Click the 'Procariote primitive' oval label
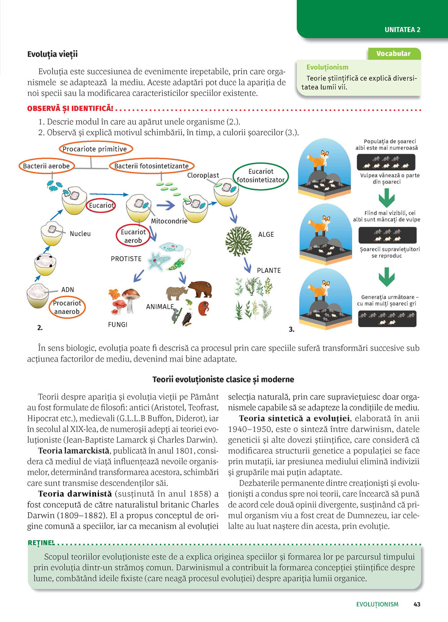95,149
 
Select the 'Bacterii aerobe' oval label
47,166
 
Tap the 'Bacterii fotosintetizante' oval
151,166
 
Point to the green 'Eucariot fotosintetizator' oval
261,176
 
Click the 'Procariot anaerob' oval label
67,307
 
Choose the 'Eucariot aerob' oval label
133,236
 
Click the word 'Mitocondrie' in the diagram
169,221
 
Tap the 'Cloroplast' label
203,175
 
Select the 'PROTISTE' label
126,259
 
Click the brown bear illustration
200,289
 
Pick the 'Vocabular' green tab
394,54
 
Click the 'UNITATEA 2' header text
402,30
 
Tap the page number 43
417,604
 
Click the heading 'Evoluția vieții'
52,54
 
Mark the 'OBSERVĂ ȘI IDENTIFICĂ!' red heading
70,109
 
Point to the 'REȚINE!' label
41,543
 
